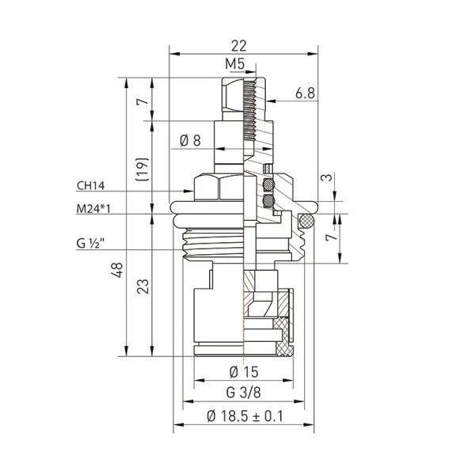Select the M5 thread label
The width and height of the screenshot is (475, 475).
pyautogui.click(x=234, y=63)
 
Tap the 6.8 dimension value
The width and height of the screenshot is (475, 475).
pyautogui.click(x=306, y=93)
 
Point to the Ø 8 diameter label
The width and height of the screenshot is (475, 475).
pyautogui.click(x=190, y=140)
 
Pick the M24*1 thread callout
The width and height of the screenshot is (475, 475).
pyautogui.click(x=94, y=210)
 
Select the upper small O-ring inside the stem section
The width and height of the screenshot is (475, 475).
pyautogui.click(x=269, y=186)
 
